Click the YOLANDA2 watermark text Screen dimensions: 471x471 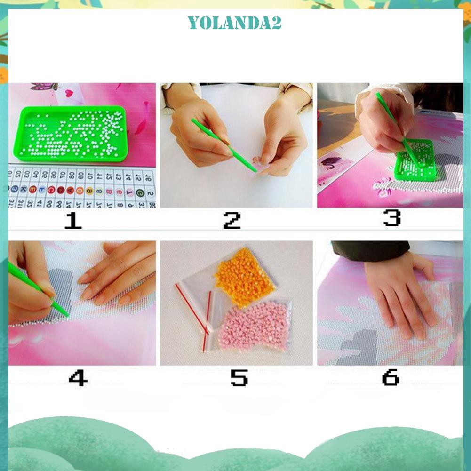pyautogui.click(x=235, y=23)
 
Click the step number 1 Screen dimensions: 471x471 pyautogui.click(x=73, y=220)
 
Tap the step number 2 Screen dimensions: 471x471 pyautogui.click(x=232, y=220)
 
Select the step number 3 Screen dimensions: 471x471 pyautogui.click(x=391, y=218)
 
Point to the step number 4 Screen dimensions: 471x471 pyautogui.click(x=78, y=377)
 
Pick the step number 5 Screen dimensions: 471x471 pyautogui.click(x=239, y=377)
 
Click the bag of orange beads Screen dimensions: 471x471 pyautogui.click(x=245, y=278)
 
